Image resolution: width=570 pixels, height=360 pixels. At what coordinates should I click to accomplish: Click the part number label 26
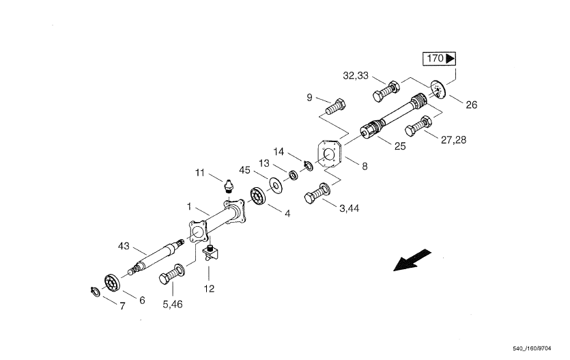click(471, 105)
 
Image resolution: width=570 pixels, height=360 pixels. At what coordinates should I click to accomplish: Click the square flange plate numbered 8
click(330, 155)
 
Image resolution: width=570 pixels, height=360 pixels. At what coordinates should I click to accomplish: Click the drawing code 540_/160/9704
click(535, 348)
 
